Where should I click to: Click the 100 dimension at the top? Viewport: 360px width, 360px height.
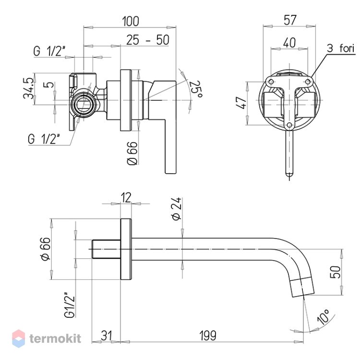pyautogui.click(x=131, y=21)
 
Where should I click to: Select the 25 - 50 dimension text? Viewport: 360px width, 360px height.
pyautogui.click(x=148, y=40)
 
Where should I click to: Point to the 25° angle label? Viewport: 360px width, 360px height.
pyautogui.click(x=196, y=89)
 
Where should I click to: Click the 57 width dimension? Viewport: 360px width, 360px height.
pyautogui.click(x=290, y=20)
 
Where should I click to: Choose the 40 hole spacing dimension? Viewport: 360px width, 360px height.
pyautogui.click(x=289, y=43)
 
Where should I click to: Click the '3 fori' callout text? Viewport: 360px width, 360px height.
pyautogui.click(x=341, y=48)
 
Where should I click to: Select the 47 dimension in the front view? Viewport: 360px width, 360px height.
pyautogui.click(x=241, y=102)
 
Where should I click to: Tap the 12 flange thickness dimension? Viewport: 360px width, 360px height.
pyautogui.click(x=126, y=197)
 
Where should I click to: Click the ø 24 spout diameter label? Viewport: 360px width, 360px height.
pyautogui.click(x=177, y=209)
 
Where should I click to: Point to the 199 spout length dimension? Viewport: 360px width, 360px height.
pyautogui.click(x=208, y=336)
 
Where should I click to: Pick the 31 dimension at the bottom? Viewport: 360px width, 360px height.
pyautogui.click(x=107, y=336)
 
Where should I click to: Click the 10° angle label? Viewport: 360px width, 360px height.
pyautogui.click(x=323, y=317)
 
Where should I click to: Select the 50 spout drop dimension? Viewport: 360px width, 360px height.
pyautogui.click(x=336, y=272)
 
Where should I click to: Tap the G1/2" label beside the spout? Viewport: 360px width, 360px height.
pyautogui.click(x=70, y=305)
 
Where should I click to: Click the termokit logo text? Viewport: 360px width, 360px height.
pyautogui.click(x=55, y=338)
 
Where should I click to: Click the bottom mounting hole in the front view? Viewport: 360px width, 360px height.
pyautogui.click(x=289, y=125)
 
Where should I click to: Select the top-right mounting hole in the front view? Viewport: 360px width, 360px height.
pyautogui.click(x=308, y=82)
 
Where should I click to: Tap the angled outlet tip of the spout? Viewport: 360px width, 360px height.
pyautogui.click(x=302, y=288)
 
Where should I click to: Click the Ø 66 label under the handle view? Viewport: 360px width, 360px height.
pyautogui.click(x=132, y=153)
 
